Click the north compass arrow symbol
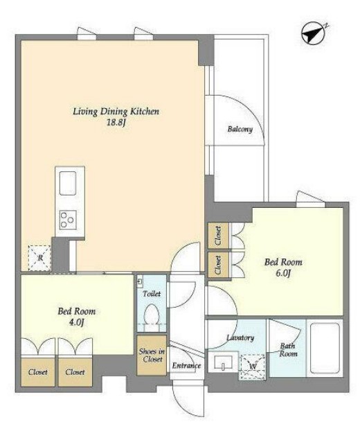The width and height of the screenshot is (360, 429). point(313,34)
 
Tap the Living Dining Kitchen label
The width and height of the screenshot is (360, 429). point(116,112)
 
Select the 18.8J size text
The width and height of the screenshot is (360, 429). point(116,123)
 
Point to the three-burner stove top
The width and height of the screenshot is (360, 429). point(68,220)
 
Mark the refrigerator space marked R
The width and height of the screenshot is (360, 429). point(39,258)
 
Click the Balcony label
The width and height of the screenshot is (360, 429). point(240,129)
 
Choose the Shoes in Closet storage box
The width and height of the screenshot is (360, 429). point(152,355)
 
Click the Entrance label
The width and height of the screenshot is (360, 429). point(186,365)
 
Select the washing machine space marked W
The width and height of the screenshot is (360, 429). point(252,367)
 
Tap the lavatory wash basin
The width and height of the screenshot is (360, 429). point(223,362)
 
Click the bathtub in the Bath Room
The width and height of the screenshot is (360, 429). point(325,348)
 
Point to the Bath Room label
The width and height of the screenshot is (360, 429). point(288,350)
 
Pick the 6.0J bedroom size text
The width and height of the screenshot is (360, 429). point(283,273)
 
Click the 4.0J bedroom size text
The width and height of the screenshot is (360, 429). point(76,322)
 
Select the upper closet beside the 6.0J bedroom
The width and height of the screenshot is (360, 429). point(218,236)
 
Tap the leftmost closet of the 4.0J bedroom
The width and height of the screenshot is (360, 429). point(38,371)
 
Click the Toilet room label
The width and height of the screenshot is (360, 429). point(152,294)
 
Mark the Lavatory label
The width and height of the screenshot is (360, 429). point(240,338)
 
